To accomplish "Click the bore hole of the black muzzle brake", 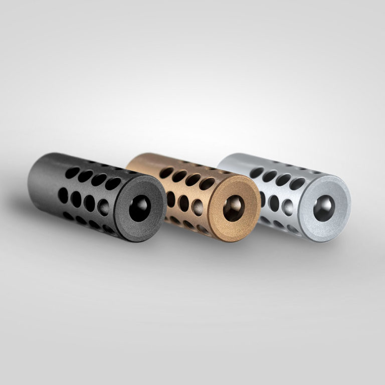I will click(x=139, y=208).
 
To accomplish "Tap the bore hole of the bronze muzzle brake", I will click(x=234, y=208).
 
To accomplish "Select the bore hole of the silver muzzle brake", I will click(x=324, y=208).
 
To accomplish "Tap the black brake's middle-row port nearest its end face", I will click(x=103, y=207).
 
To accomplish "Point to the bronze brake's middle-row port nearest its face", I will click(x=197, y=207).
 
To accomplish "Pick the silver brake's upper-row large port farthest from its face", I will click(x=257, y=172).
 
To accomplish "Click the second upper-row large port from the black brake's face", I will click(x=99, y=179).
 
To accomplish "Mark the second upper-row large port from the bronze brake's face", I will click(x=193, y=179).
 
